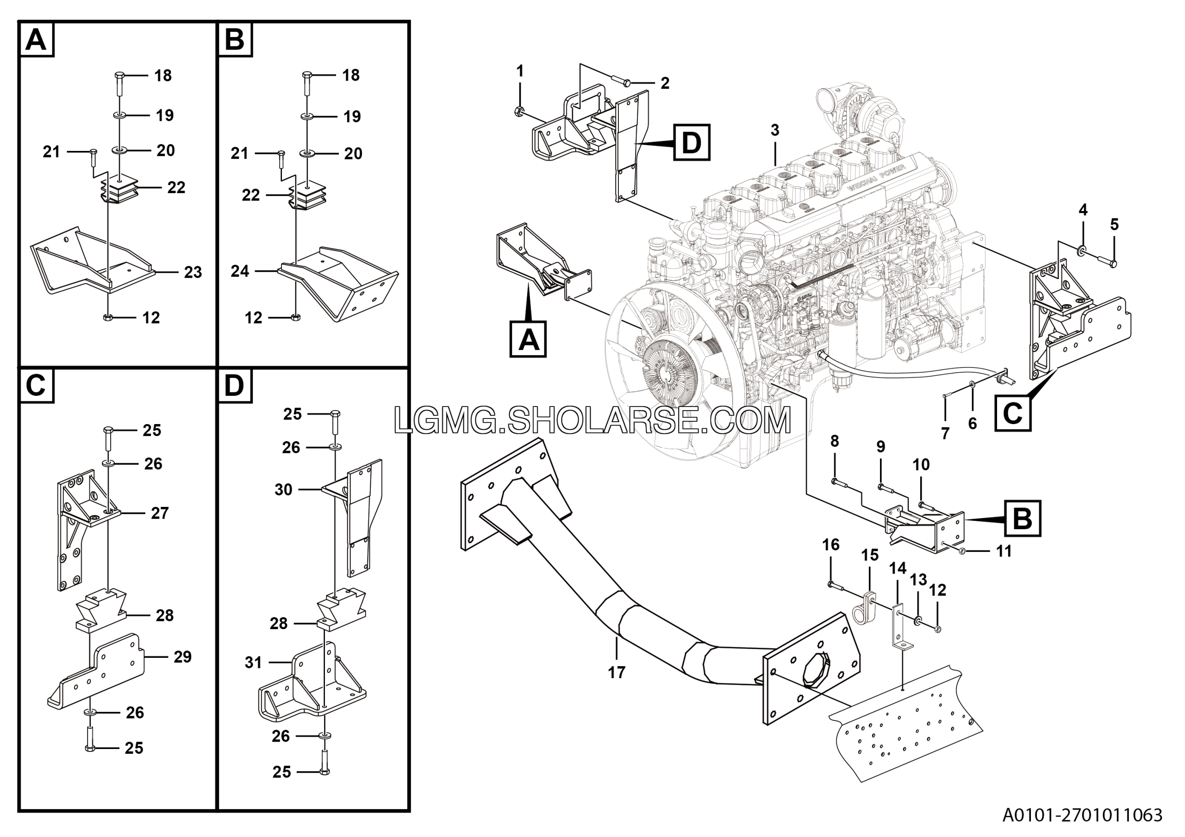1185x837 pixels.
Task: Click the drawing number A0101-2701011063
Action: [1082, 815]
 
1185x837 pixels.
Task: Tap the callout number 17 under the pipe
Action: [616, 672]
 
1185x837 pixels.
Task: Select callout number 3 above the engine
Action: [775, 130]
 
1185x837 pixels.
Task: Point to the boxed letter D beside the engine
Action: [692, 142]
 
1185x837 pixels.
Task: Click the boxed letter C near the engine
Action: [1013, 413]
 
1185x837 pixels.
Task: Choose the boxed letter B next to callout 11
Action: [1023, 518]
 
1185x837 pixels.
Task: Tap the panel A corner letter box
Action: [36, 39]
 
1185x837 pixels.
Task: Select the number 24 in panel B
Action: [240, 271]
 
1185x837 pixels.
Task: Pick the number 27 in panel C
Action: [160, 513]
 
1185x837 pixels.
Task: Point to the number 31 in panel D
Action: [253, 662]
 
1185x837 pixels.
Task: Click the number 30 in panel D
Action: [283, 489]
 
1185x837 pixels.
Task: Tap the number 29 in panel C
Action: [182, 656]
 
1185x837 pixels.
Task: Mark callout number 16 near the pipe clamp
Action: [830, 544]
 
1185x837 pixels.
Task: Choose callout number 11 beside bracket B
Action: [1004, 551]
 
